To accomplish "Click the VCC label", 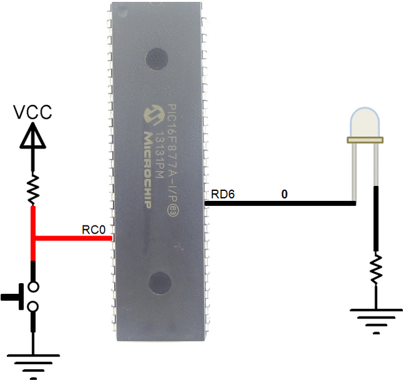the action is click(33, 112).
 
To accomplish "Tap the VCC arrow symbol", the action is click(33, 136).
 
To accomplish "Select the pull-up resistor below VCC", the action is click(33, 189).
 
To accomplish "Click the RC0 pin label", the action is click(93, 230).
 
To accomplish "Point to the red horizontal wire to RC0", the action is click(73, 238).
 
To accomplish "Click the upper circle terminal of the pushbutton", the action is click(33, 287).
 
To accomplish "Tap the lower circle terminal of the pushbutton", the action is click(33, 307).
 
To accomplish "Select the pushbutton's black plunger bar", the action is click(13, 297).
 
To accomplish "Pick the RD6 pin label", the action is click(223, 194).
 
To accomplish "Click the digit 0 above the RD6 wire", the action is click(284, 194).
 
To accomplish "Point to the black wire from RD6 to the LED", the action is click(280, 203).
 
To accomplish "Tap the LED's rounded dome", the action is click(365, 122).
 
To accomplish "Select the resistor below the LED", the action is click(376, 269).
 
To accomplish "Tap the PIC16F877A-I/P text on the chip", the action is click(173, 160).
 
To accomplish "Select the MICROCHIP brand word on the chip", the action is click(147, 170).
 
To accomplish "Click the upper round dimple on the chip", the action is click(158, 59).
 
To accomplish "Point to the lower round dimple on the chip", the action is click(160, 283).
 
